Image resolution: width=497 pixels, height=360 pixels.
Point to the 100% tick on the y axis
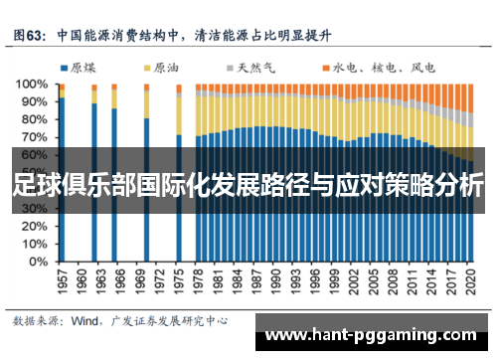click(33, 86)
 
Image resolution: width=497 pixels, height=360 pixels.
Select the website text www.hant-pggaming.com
click(375, 336)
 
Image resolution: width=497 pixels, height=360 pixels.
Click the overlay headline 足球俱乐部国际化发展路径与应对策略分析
click(248, 185)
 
